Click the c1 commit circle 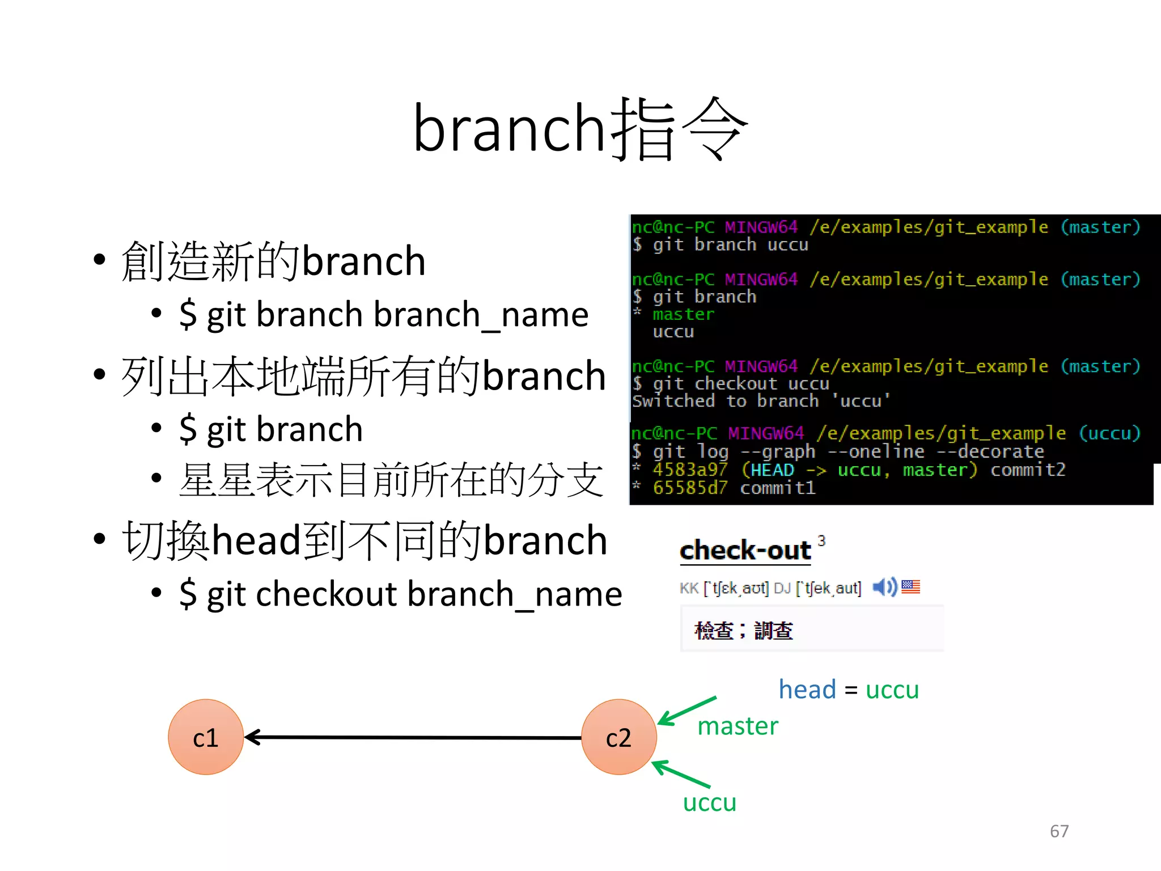point(206,737)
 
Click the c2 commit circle point(618,737)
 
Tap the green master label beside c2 point(738,726)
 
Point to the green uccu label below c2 point(709,803)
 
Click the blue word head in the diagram point(807,690)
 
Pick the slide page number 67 point(1059,831)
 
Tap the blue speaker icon point(884,587)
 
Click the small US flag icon point(910,587)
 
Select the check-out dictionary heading point(745,551)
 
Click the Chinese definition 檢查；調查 point(744,631)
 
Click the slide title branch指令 point(580,129)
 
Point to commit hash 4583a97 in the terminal point(689,470)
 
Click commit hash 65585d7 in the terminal point(689,488)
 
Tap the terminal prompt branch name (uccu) point(1109,434)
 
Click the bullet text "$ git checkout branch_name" point(400,594)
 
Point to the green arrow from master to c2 point(687,711)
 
